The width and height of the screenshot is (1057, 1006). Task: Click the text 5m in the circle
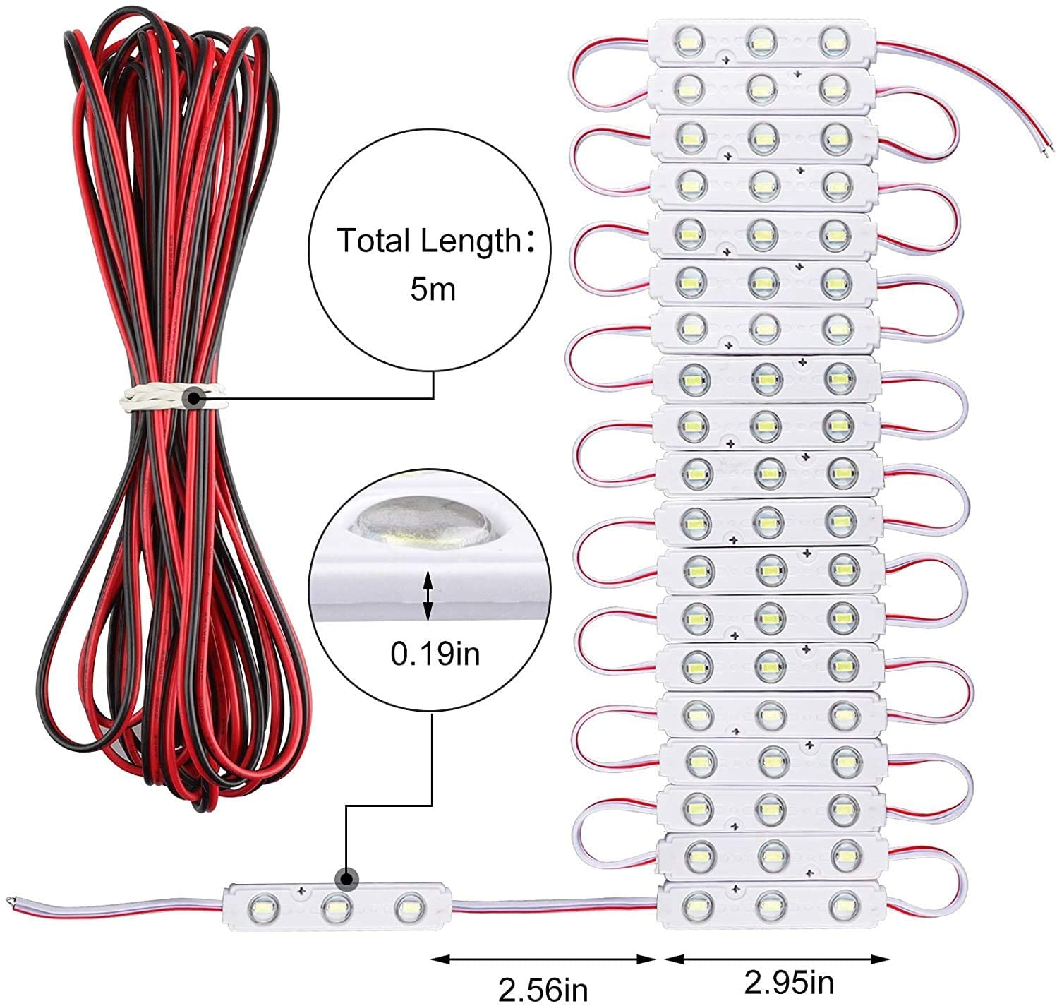[x=433, y=289]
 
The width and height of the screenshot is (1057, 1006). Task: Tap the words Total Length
[x=428, y=240]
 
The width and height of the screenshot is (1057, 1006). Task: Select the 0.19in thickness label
[x=435, y=654]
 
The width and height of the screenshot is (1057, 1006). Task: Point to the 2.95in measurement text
[x=789, y=982]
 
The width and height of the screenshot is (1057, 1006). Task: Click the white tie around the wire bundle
[x=172, y=397]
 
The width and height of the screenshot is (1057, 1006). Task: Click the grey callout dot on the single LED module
[x=346, y=879]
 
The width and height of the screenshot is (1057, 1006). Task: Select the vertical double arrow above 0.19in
[x=428, y=596]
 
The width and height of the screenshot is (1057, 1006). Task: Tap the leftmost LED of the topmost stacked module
[x=690, y=42]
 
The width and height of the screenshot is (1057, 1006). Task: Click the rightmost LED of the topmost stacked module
[x=834, y=42]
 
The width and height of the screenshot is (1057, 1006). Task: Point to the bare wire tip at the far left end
[x=10, y=899]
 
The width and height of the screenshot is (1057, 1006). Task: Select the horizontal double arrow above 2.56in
[x=543, y=959]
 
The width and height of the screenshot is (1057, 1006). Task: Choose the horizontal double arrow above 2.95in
[x=778, y=959]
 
